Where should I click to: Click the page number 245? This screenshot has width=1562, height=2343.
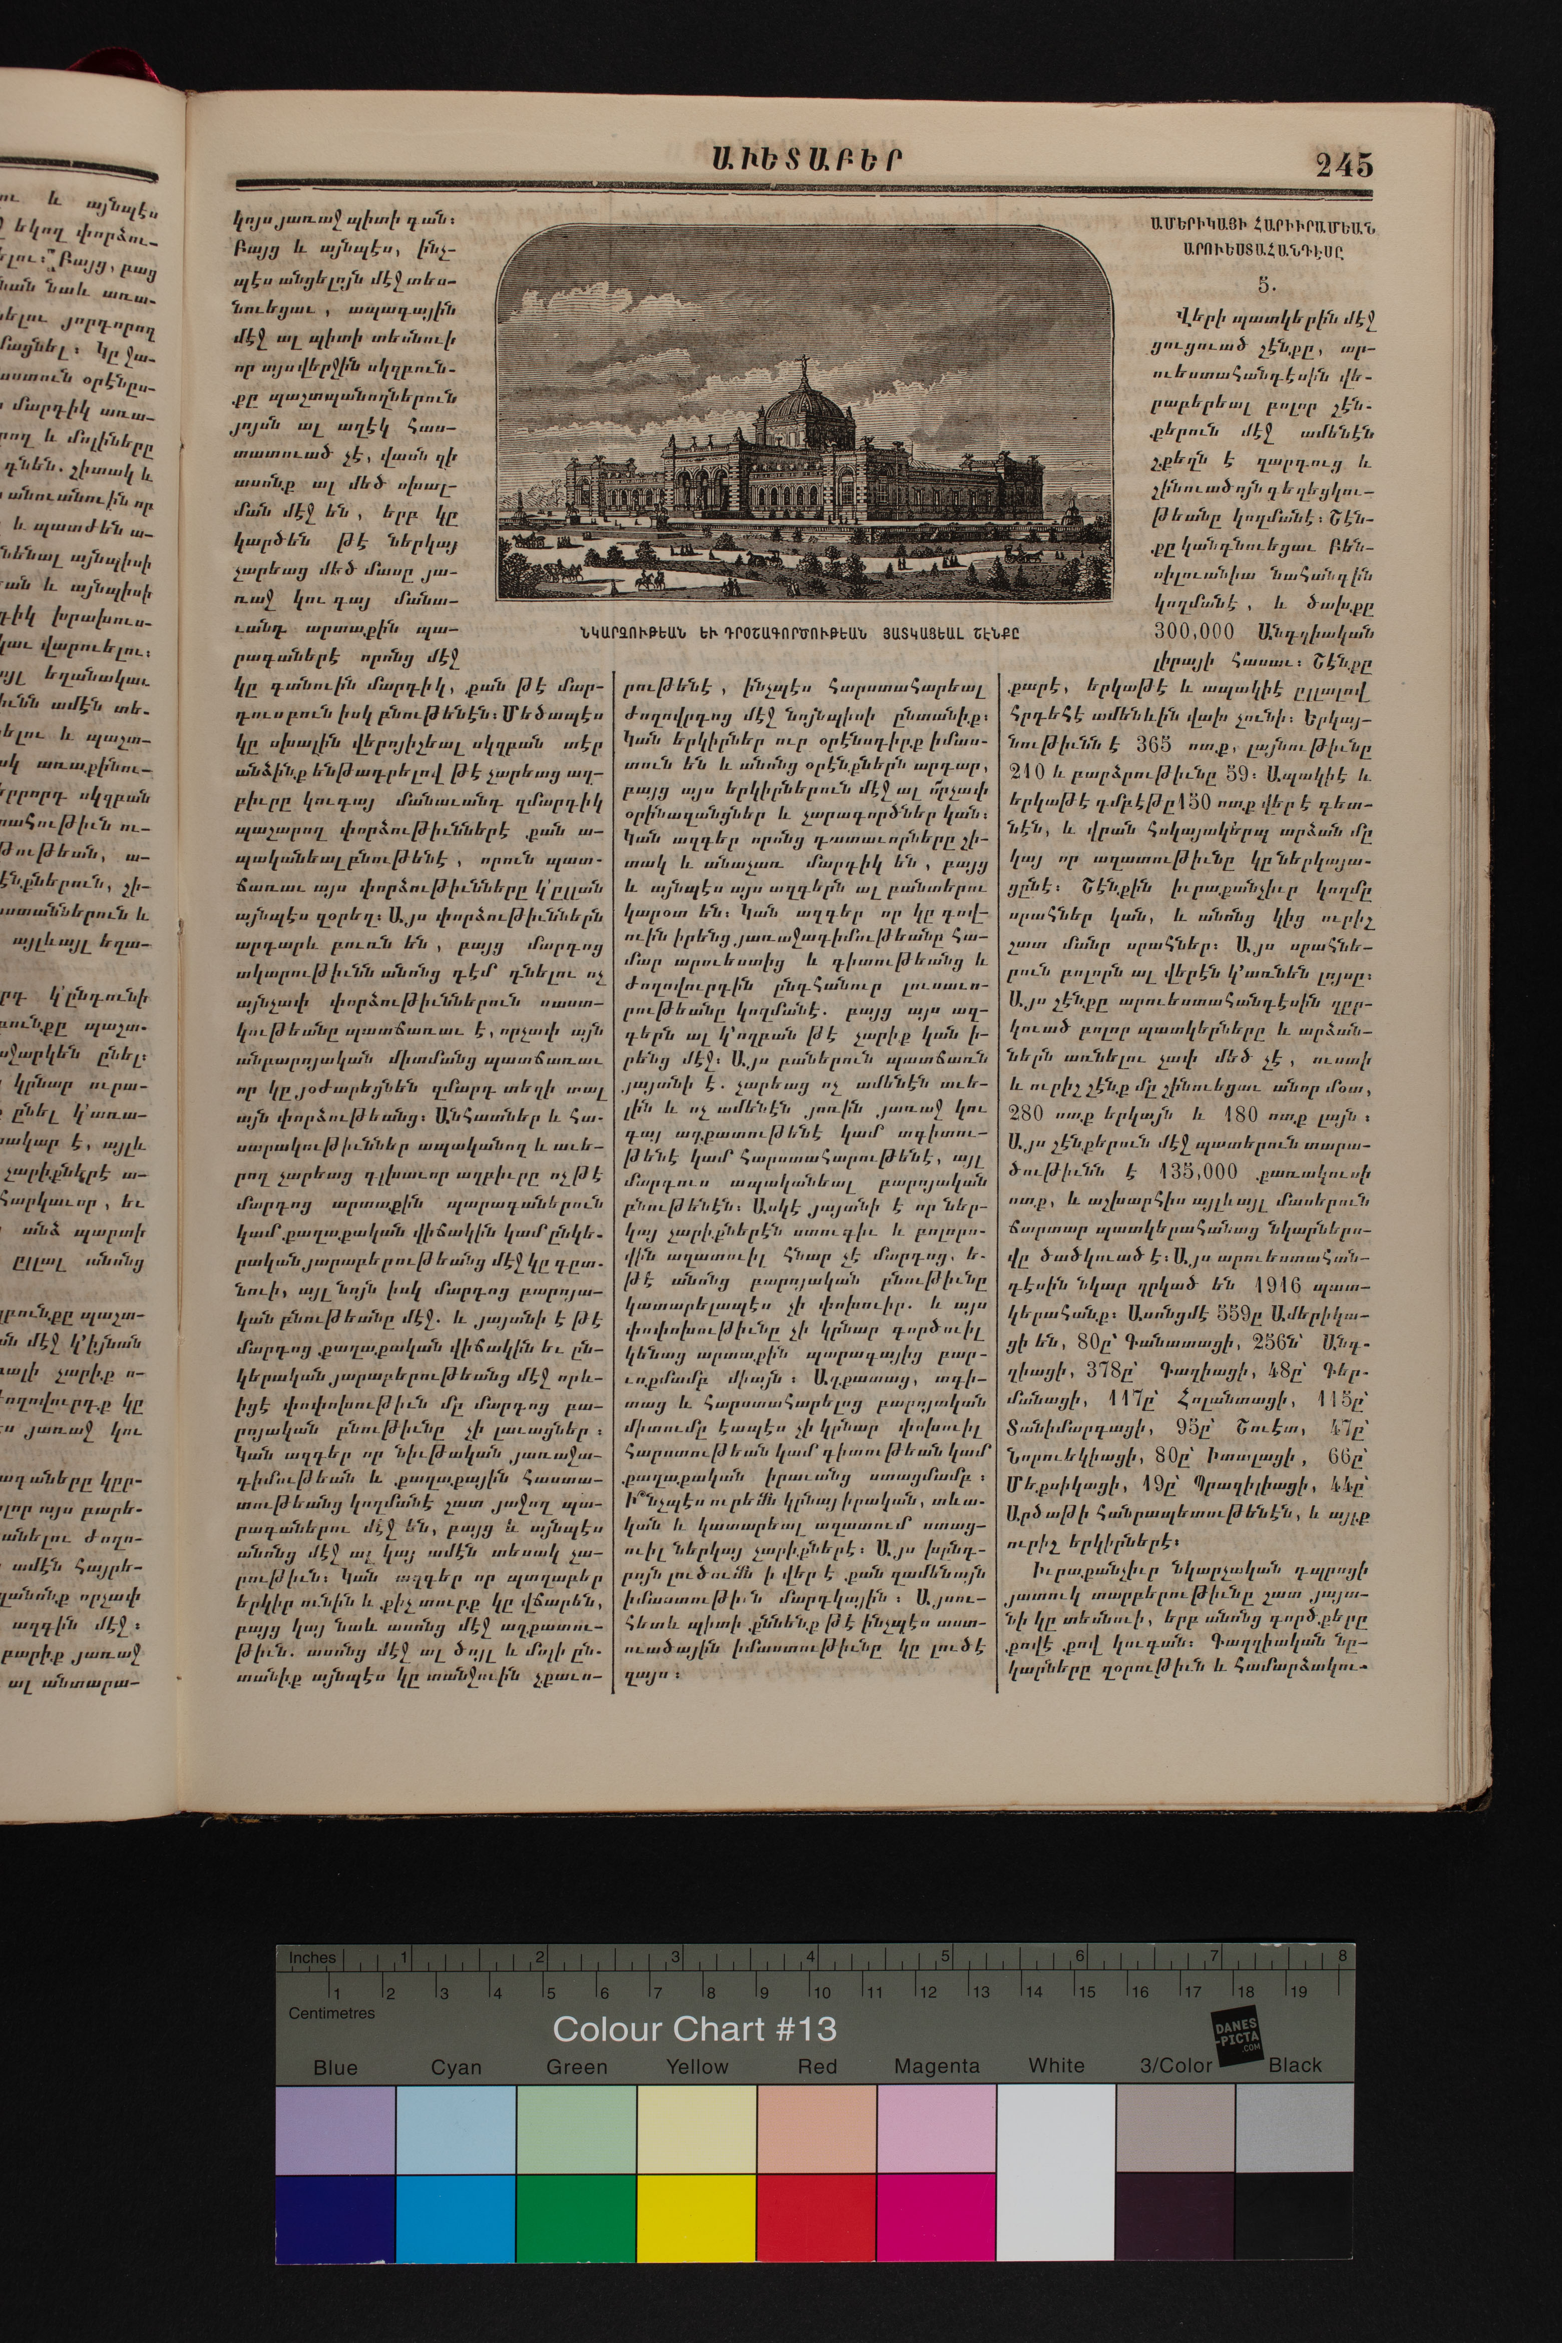pyautogui.click(x=1344, y=163)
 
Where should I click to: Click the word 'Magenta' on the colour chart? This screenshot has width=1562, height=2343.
pyautogui.click(x=936, y=2066)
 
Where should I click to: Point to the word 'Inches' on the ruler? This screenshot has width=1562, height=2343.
pyautogui.click(x=312, y=1958)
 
